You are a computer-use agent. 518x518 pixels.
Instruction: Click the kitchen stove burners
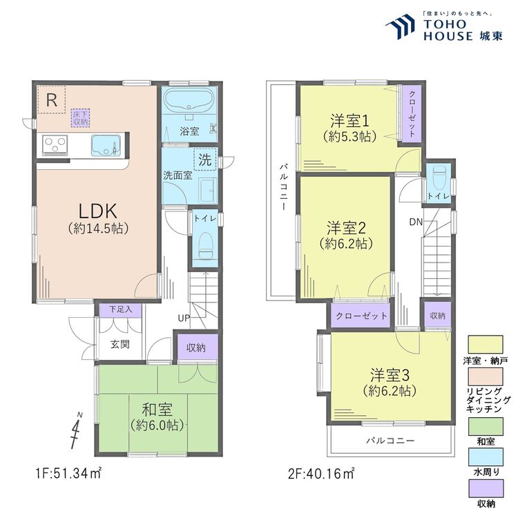[55, 145]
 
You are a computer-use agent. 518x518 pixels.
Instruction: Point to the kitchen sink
[106, 146]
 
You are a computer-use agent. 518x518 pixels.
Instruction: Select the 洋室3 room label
[390, 376]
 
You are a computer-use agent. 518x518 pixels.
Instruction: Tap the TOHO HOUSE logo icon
[401, 28]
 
